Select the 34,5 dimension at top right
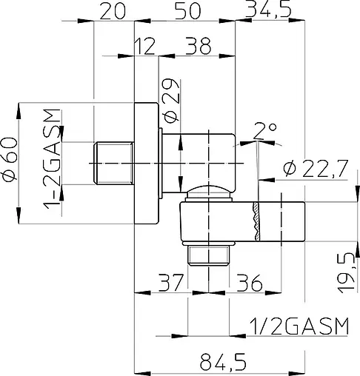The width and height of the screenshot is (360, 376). pyautogui.click(x=271, y=10)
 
